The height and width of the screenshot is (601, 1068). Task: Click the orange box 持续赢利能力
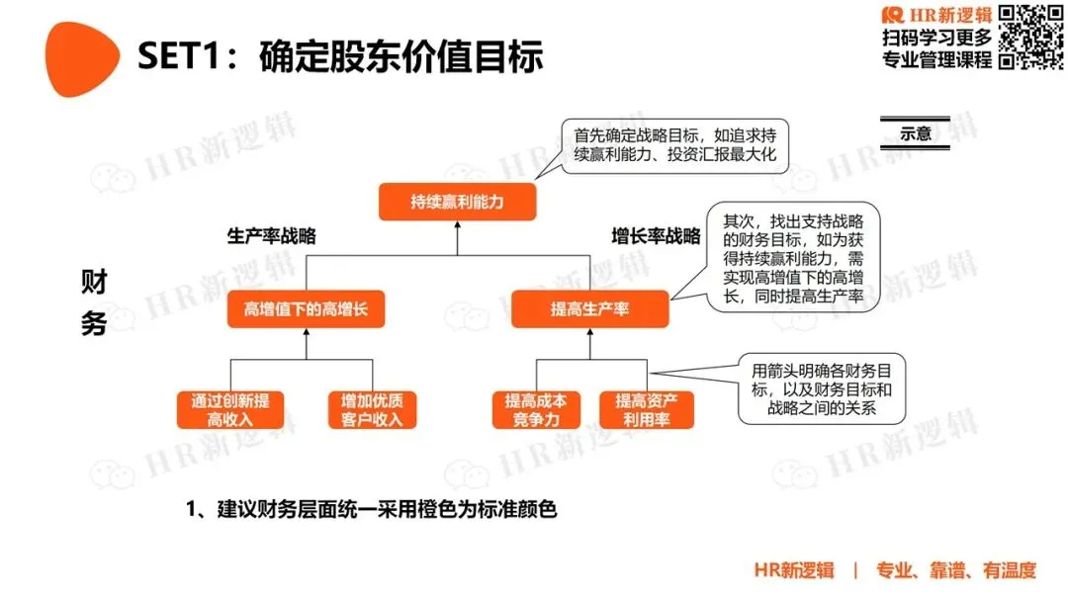click(x=457, y=203)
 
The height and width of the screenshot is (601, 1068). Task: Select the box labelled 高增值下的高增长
click(x=306, y=309)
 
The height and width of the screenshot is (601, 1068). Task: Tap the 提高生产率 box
click(x=589, y=309)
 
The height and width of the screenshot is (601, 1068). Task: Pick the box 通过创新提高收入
click(x=230, y=409)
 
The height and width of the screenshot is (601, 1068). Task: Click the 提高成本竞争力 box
click(x=536, y=409)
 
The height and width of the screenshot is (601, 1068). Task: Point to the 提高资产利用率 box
click(x=647, y=409)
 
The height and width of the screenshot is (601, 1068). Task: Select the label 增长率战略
click(x=656, y=236)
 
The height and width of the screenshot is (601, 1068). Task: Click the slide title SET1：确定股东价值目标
click(x=340, y=56)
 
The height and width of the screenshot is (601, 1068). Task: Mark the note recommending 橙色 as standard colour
click(x=372, y=510)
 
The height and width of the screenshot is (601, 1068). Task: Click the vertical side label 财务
click(x=94, y=302)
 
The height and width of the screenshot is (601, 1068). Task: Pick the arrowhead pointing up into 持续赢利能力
click(x=457, y=225)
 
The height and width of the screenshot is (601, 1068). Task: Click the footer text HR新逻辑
click(x=793, y=570)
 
